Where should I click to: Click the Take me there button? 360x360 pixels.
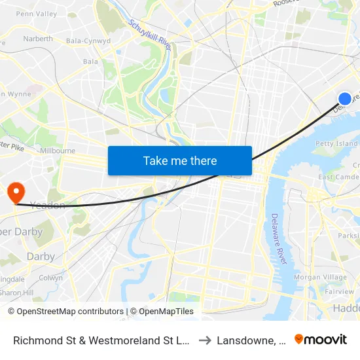click(180, 160)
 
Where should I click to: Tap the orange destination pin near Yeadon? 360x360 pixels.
click(15, 192)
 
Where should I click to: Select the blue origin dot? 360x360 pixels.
click(344, 99)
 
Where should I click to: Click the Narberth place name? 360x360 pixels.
click(37, 39)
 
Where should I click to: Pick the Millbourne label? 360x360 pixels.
click(58, 151)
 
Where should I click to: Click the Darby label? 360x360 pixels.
click(41, 257)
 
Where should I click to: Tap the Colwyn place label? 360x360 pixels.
click(51, 277)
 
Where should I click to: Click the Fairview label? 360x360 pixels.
click(340, 292)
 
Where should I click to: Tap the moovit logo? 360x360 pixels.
click(321, 340)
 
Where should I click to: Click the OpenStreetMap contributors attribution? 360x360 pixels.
click(65, 312)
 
